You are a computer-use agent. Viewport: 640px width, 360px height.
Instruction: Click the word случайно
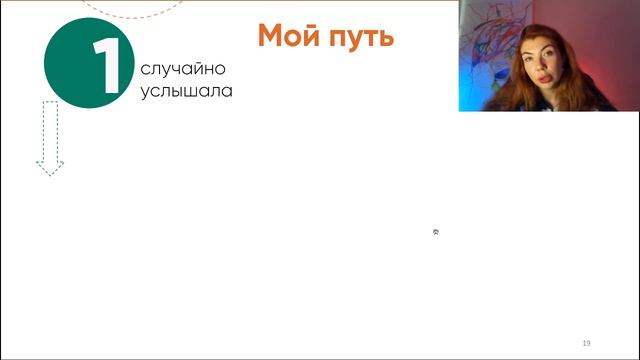(184, 70)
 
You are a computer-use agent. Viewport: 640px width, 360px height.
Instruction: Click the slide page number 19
(586, 341)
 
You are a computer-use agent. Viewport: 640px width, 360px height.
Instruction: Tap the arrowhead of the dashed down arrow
(50, 167)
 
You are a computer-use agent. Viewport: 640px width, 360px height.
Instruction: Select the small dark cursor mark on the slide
(436, 232)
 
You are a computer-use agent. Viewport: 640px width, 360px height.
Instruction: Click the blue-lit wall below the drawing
(475, 97)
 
